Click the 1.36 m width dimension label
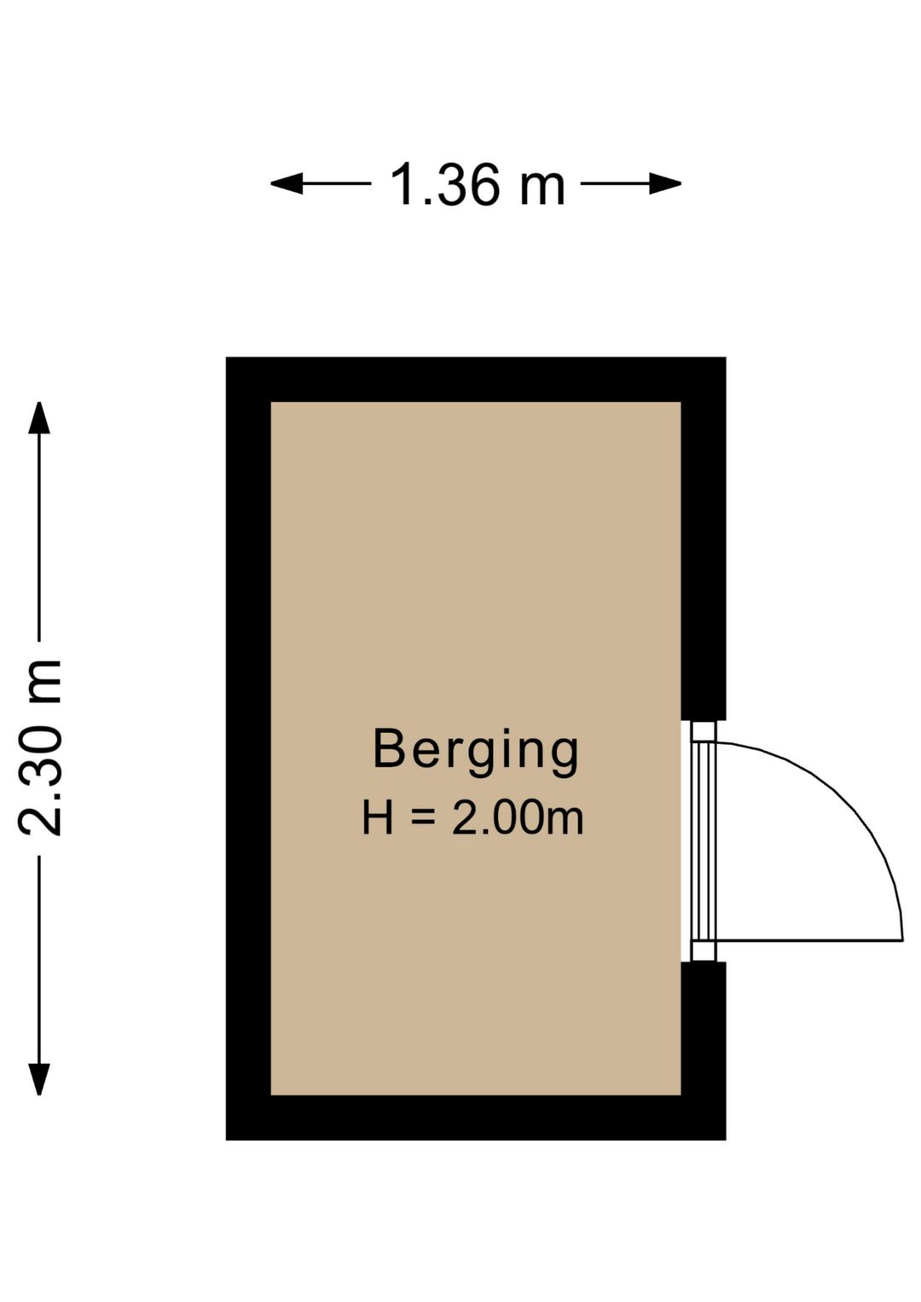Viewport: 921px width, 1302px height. pos(477,184)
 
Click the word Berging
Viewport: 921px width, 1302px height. pos(475,753)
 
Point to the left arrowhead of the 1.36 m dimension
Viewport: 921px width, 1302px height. pos(287,183)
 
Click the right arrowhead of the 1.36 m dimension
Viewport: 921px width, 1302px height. pos(665,183)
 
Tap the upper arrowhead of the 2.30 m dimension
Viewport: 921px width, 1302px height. pos(39,418)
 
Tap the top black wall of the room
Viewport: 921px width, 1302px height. pos(475,380)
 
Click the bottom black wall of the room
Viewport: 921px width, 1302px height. pos(475,1118)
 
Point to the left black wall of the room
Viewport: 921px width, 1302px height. pos(249,748)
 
